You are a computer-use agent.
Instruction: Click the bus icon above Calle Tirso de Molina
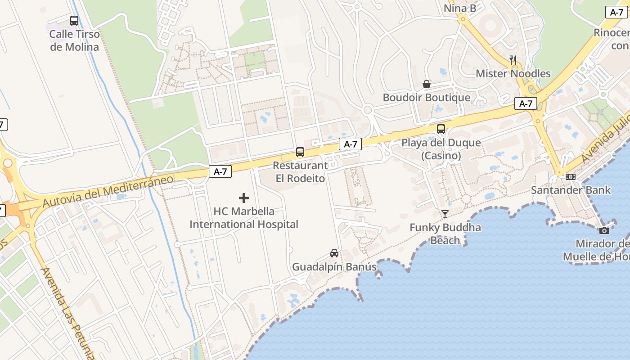point(74,21)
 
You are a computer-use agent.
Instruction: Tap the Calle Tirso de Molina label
point(74,40)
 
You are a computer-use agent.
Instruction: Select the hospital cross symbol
point(244,198)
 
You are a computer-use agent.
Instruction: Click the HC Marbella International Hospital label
point(244,217)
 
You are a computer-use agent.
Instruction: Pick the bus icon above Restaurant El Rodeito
point(300,152)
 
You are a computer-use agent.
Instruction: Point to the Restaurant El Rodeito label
point(300,171)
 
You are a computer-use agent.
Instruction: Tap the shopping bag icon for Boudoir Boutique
point(426,84)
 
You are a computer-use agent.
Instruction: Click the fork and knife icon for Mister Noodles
point(513,59)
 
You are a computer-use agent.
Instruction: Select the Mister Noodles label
point(513,73)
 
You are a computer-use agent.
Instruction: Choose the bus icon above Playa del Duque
point(441,129)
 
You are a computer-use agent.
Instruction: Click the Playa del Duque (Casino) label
point(441,149)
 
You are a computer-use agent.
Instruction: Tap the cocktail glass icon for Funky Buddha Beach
point(445,214)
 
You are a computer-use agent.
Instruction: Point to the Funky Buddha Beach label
point(445,234)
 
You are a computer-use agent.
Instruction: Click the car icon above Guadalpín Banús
point(334,253)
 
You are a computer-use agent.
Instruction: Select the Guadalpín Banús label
point(334,267)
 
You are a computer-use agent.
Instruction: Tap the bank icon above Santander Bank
point(571,177)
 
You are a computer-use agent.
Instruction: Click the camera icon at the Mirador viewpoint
point(604,230)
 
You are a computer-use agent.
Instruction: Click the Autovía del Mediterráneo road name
point(108,191)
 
